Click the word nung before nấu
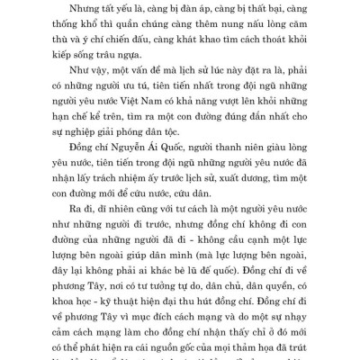[229, 27]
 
